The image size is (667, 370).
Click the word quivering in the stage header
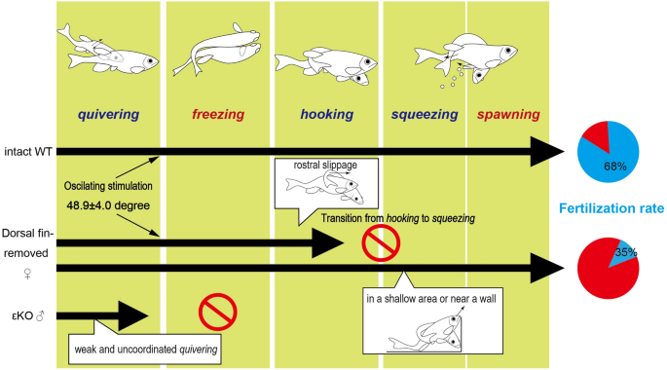point(108,114)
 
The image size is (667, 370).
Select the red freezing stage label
point(218,114)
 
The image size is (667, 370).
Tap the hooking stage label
point(327,114)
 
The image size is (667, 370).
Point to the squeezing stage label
point(425,114)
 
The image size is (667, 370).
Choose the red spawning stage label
point(508,114)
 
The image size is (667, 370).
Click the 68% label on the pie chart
point(615,166)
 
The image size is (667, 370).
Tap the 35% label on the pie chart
point(626,252)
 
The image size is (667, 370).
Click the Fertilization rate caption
point(611,208)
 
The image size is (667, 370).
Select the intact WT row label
point(28,151)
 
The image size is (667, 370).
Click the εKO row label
point(28,316)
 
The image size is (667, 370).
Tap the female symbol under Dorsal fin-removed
point(27,274)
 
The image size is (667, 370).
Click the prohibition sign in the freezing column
point(218,312)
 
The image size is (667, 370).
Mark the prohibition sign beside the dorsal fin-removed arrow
point(381,243)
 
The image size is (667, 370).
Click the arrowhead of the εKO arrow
point(133,316)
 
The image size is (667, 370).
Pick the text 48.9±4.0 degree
point(108,205)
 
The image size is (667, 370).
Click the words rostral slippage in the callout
point(325,165)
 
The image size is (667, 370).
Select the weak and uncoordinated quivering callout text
point(146,350)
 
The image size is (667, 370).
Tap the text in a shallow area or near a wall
point(431,299)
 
